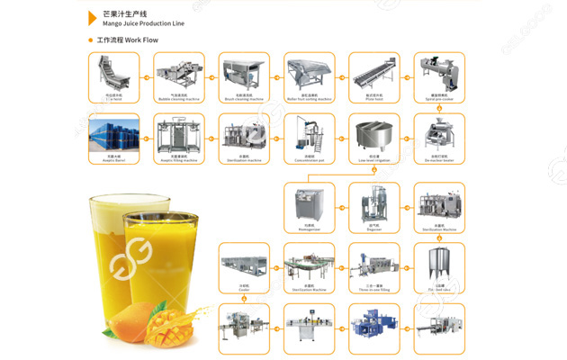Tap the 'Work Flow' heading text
[131, 40]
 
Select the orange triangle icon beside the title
[92, 17]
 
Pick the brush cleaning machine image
[244, 71]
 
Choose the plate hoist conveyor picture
[373, 71]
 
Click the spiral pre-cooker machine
[439, 71]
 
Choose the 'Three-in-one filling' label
[373, 290]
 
